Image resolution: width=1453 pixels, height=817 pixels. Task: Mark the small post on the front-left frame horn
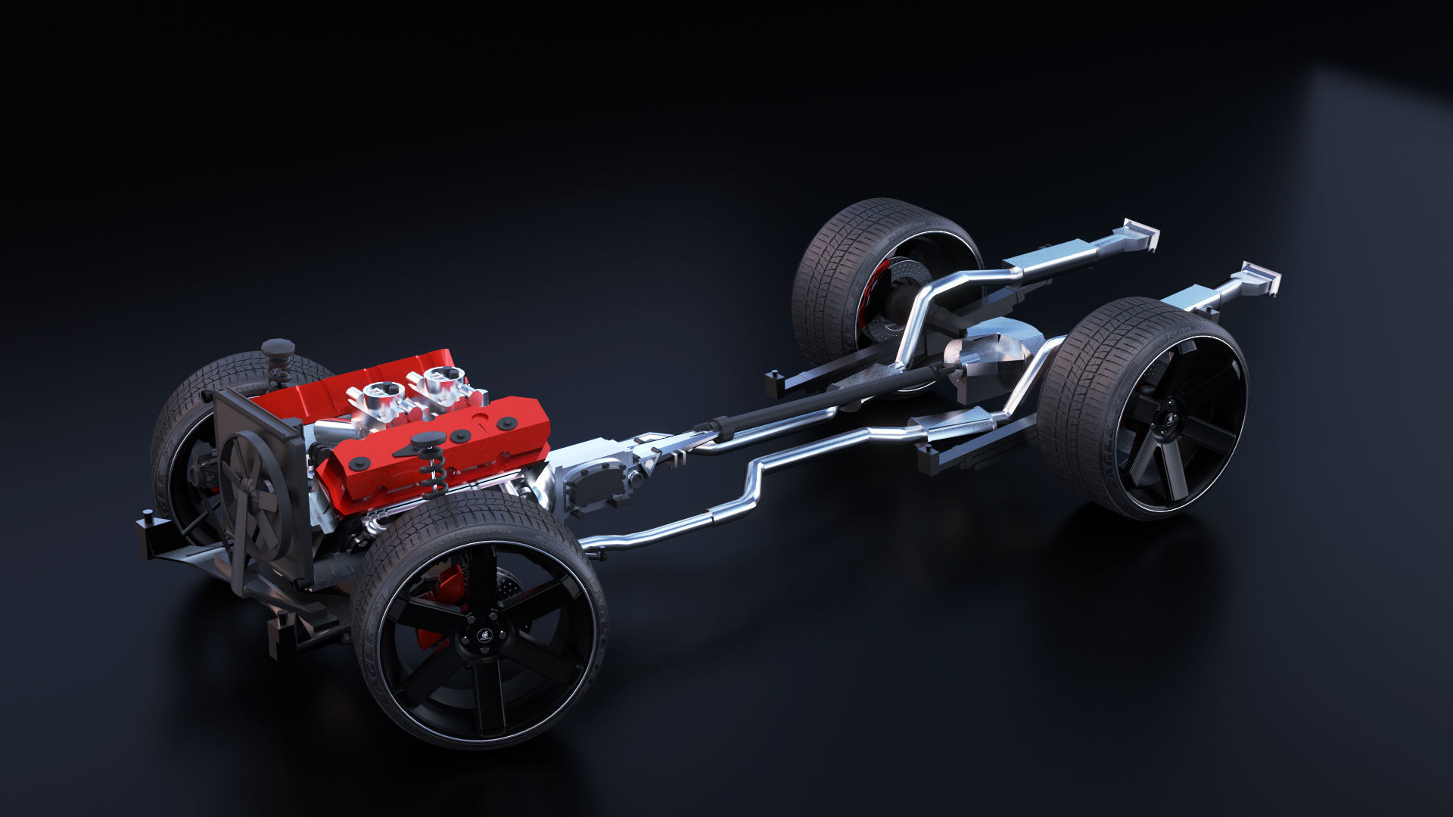[148, 517]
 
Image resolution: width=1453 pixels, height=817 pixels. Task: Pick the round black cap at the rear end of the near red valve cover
[508, 422]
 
